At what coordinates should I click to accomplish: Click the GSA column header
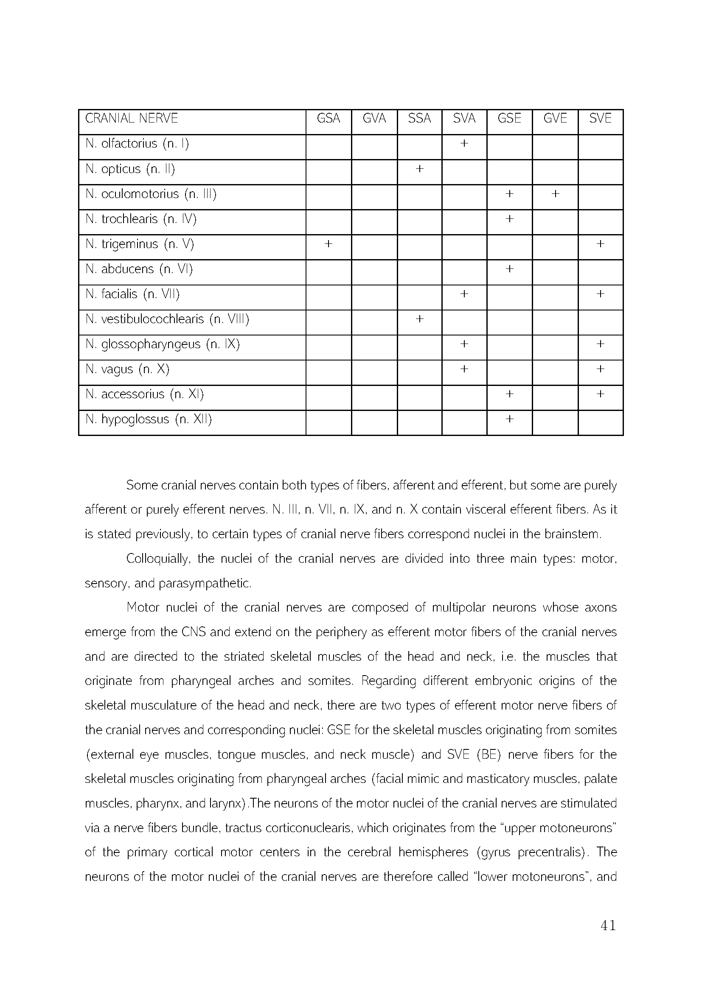(328, 118)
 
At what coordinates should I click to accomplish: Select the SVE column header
(600, 118)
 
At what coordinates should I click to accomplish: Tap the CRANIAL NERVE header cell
(132, 118)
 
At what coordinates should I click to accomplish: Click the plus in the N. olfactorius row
(464, 143)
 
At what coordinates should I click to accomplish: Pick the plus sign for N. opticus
(419, 168)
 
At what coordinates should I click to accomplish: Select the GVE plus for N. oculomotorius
(555, 193)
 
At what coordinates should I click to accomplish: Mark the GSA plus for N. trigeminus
(328, 244)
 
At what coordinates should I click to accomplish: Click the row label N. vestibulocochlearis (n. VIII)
(167, 319)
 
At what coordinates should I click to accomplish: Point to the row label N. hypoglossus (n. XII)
(149, 419)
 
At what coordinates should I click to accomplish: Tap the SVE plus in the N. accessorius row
(600, 394)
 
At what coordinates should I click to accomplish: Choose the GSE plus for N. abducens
(509, 269)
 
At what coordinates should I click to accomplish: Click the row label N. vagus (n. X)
(127, 369)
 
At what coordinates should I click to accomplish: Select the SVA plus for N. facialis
(464, 294)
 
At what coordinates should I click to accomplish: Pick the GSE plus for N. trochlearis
(509, 219)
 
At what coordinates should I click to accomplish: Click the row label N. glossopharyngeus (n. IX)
(163, 344)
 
